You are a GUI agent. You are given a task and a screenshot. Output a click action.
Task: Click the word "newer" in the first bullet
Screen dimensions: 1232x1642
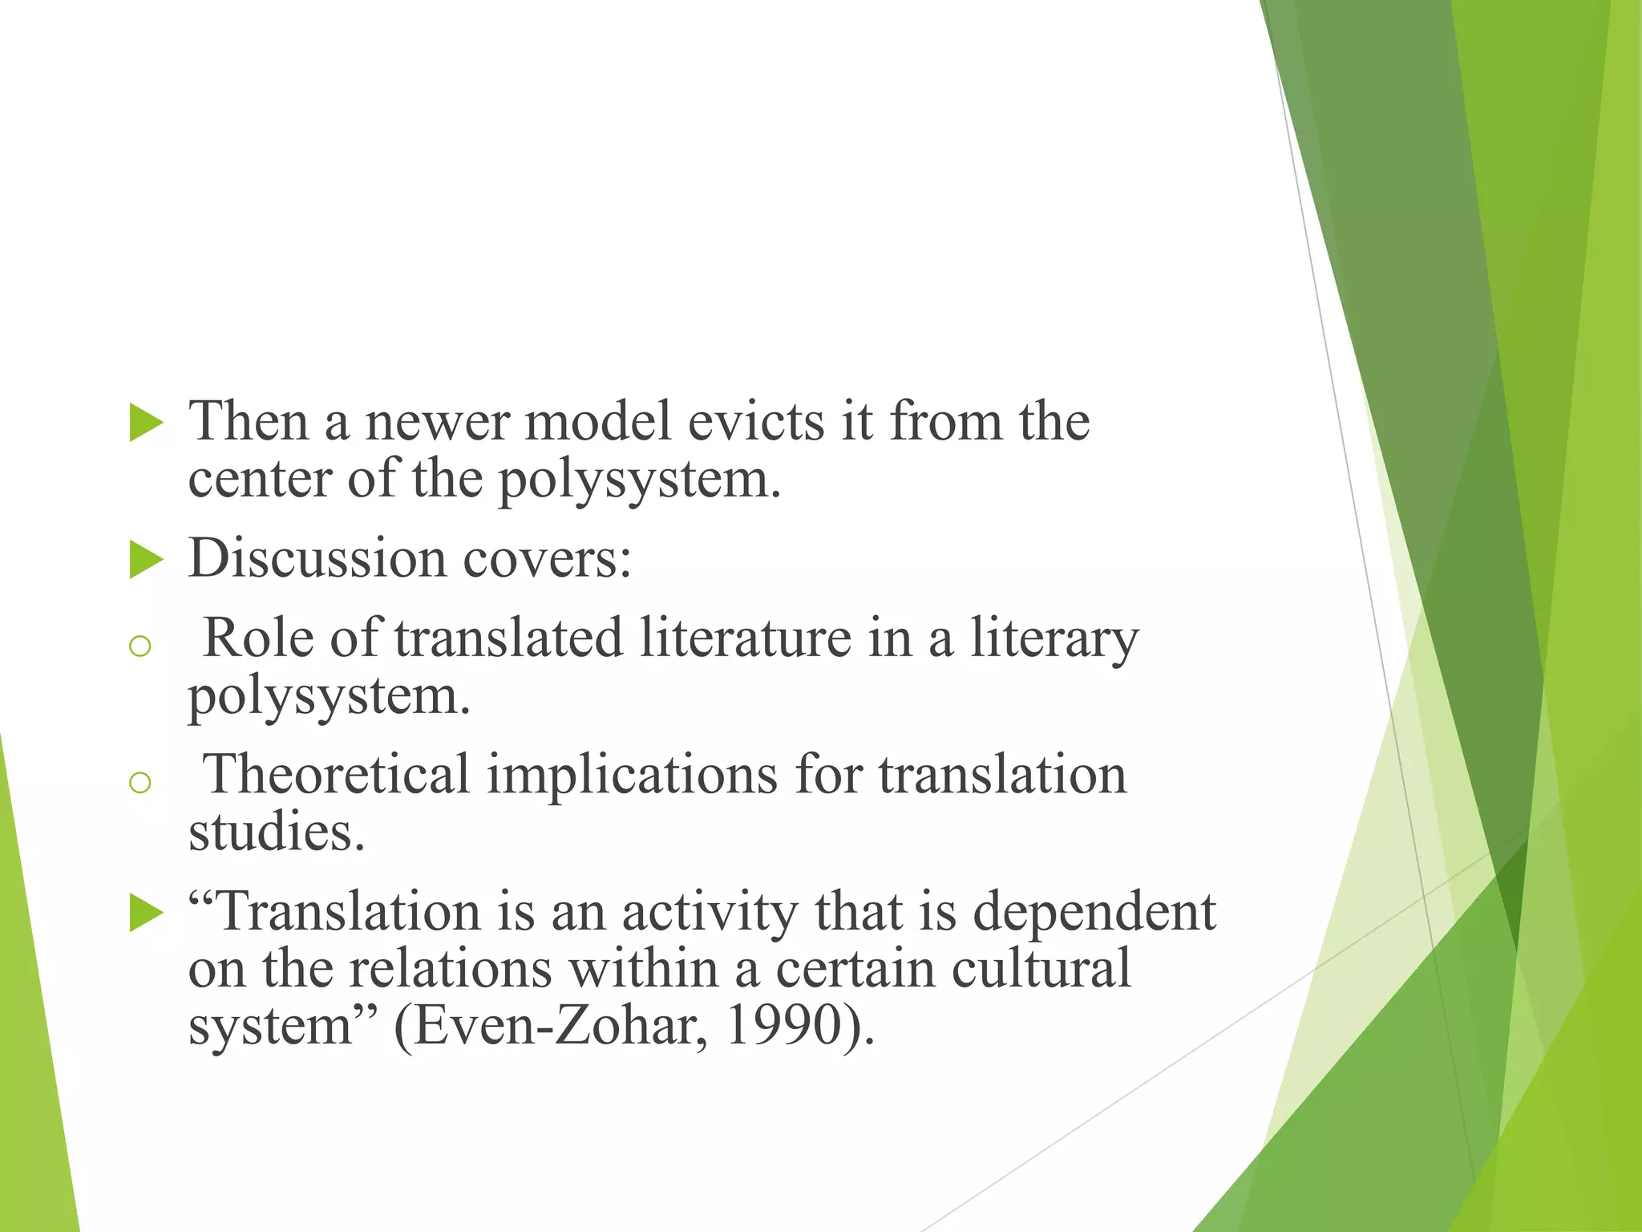[437, 422]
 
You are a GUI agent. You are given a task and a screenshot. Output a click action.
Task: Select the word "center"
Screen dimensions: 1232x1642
[259, 480]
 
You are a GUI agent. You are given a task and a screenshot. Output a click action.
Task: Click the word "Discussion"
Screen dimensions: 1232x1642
[317, 558]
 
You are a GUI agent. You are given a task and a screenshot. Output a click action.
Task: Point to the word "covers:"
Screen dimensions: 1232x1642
[547, 558]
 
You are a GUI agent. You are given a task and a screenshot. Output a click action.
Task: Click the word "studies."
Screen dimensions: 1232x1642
[277, 833]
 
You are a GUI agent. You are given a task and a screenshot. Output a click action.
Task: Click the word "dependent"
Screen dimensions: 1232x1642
[1094, 913]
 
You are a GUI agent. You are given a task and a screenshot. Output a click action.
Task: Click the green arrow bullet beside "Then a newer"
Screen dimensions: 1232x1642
[146, 423]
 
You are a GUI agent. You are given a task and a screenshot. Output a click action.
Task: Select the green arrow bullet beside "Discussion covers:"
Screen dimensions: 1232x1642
[146, 559]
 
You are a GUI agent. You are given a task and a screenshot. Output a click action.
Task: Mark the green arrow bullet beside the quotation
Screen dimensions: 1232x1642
[146, 914]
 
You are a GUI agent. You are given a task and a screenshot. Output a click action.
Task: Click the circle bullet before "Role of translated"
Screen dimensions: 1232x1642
[140, 646]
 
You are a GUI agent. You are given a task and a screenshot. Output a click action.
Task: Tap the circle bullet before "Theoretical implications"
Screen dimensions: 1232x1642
[140, 782]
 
